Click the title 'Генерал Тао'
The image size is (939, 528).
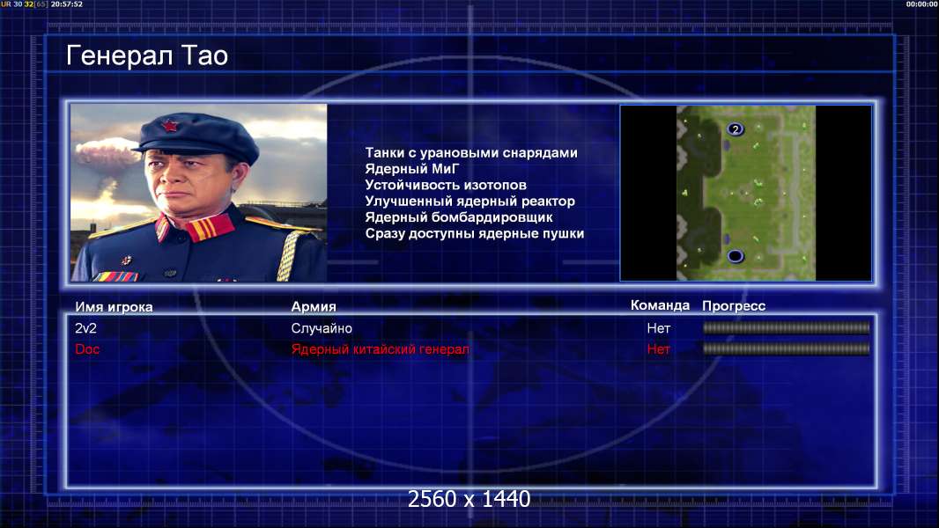[147, 55]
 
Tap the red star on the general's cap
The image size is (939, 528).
[169, 126]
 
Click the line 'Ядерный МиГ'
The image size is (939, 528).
[411, 169]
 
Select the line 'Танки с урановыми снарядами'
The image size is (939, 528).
[471, 152]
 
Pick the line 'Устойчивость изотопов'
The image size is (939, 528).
[446, 185]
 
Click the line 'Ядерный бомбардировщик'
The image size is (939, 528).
[459, 217]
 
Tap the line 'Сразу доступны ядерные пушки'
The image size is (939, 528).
[474, 233]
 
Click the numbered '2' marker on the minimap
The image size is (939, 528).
[736, 129]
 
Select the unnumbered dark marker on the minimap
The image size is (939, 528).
[736, 257]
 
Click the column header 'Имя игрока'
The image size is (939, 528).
[114, 307]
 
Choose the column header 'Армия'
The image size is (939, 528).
[314, 307]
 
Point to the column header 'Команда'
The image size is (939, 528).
[660, 305]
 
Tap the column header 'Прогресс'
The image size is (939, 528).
[734, 306]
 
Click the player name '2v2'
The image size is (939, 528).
[85, 328]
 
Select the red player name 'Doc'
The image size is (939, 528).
[87, 349]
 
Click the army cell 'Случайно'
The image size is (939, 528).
[322, 328]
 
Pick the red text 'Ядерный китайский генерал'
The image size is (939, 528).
[381, 349]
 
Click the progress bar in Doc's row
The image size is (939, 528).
[787, 348]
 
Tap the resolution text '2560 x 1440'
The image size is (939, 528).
[469, 499]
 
